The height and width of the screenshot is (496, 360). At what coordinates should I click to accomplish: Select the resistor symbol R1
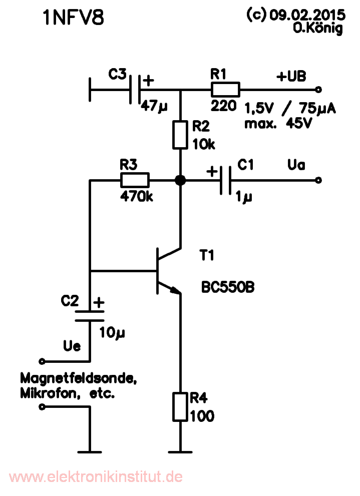click(x=225, y=90)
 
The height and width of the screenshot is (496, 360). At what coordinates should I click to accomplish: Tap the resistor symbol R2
click(x=180, y=135)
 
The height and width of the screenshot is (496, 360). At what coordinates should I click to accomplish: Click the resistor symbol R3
click(x=135, y=180)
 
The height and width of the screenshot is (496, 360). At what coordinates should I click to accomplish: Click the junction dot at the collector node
click(x=180, y=180)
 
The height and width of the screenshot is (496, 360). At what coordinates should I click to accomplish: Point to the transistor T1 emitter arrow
click(x=174, y=290)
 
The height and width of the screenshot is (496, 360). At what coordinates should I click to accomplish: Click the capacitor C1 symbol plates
click(x=225, y=180)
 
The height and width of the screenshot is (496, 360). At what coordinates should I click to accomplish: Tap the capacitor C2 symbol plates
click(x=90, y=315)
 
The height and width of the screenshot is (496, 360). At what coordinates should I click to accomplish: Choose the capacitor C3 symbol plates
click(x=135, y=90)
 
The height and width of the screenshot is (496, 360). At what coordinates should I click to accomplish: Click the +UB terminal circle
click(x=317, y=90)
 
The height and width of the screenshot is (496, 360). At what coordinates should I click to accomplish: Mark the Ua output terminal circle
click(x=317, y=180)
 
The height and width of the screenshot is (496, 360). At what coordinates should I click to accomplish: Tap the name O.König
click(x=318, y=29)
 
